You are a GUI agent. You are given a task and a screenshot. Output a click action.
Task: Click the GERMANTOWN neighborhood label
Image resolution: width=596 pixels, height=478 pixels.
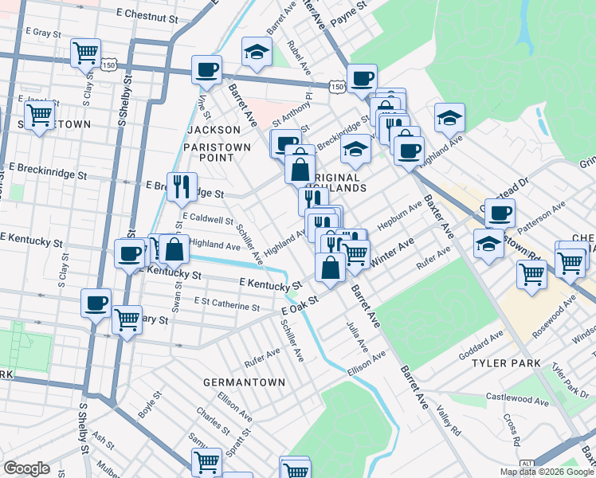(x=244, y=382)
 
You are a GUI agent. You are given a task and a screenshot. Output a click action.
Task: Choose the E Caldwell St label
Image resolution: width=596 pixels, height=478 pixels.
(x=207, y=217)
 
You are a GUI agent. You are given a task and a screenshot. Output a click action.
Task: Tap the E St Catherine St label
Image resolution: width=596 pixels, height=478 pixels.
(x=227, y=305)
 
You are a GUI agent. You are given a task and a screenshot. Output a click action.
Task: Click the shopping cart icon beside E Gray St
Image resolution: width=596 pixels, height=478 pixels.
(x=85, y=53)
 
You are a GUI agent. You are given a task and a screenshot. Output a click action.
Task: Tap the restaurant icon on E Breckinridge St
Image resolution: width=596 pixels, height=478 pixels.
(x=182, y=186)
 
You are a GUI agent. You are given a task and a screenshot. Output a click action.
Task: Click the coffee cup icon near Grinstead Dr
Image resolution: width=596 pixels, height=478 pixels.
(x=500, y=213)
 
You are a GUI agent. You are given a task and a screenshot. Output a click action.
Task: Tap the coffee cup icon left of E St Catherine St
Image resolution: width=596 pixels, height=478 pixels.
(x=96, y=303)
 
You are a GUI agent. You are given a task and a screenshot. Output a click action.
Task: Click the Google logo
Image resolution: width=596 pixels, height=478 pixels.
(x=26, y=468)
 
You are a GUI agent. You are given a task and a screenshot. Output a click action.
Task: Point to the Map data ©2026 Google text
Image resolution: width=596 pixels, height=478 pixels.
(x=545, y=472)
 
